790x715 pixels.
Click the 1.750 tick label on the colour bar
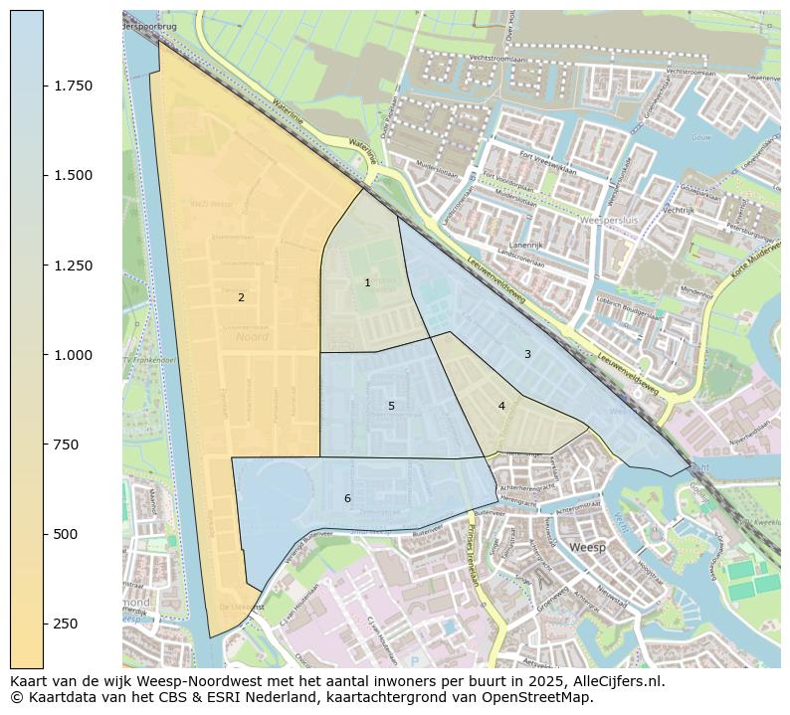pos(73,86)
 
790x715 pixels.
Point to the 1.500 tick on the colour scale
pos(73,175)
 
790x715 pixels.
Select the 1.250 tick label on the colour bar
pos(73,266)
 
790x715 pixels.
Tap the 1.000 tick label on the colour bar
pos(73,355)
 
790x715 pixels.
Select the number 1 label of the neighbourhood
pos(367,283)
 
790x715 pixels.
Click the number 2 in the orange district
pos(241,297)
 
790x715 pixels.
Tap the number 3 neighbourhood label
pos(527,354)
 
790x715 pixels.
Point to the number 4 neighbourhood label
pos(501,406)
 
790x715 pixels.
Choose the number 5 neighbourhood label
pos(391,406)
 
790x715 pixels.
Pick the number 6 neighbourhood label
pos(347,498)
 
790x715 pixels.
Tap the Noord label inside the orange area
pos(253,337)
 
